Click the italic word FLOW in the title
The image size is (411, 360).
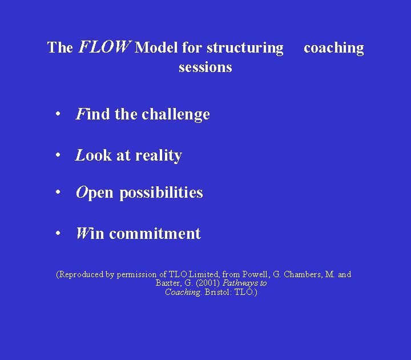(x=104, y=47)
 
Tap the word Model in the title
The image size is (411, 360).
(x=156, y=47)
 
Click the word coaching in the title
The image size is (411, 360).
(x=333, y=47)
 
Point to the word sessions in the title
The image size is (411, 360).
(x=205, y=67)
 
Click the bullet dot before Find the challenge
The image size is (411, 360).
(x=58, y=114)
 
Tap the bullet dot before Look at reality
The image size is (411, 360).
(x=58, y=155)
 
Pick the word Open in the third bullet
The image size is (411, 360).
(x=95, y=193)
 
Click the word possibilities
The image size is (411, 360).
(x=161, y=193)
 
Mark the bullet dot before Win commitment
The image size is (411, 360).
(x=58, y=233)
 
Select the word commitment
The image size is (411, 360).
(x=155, y=234)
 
